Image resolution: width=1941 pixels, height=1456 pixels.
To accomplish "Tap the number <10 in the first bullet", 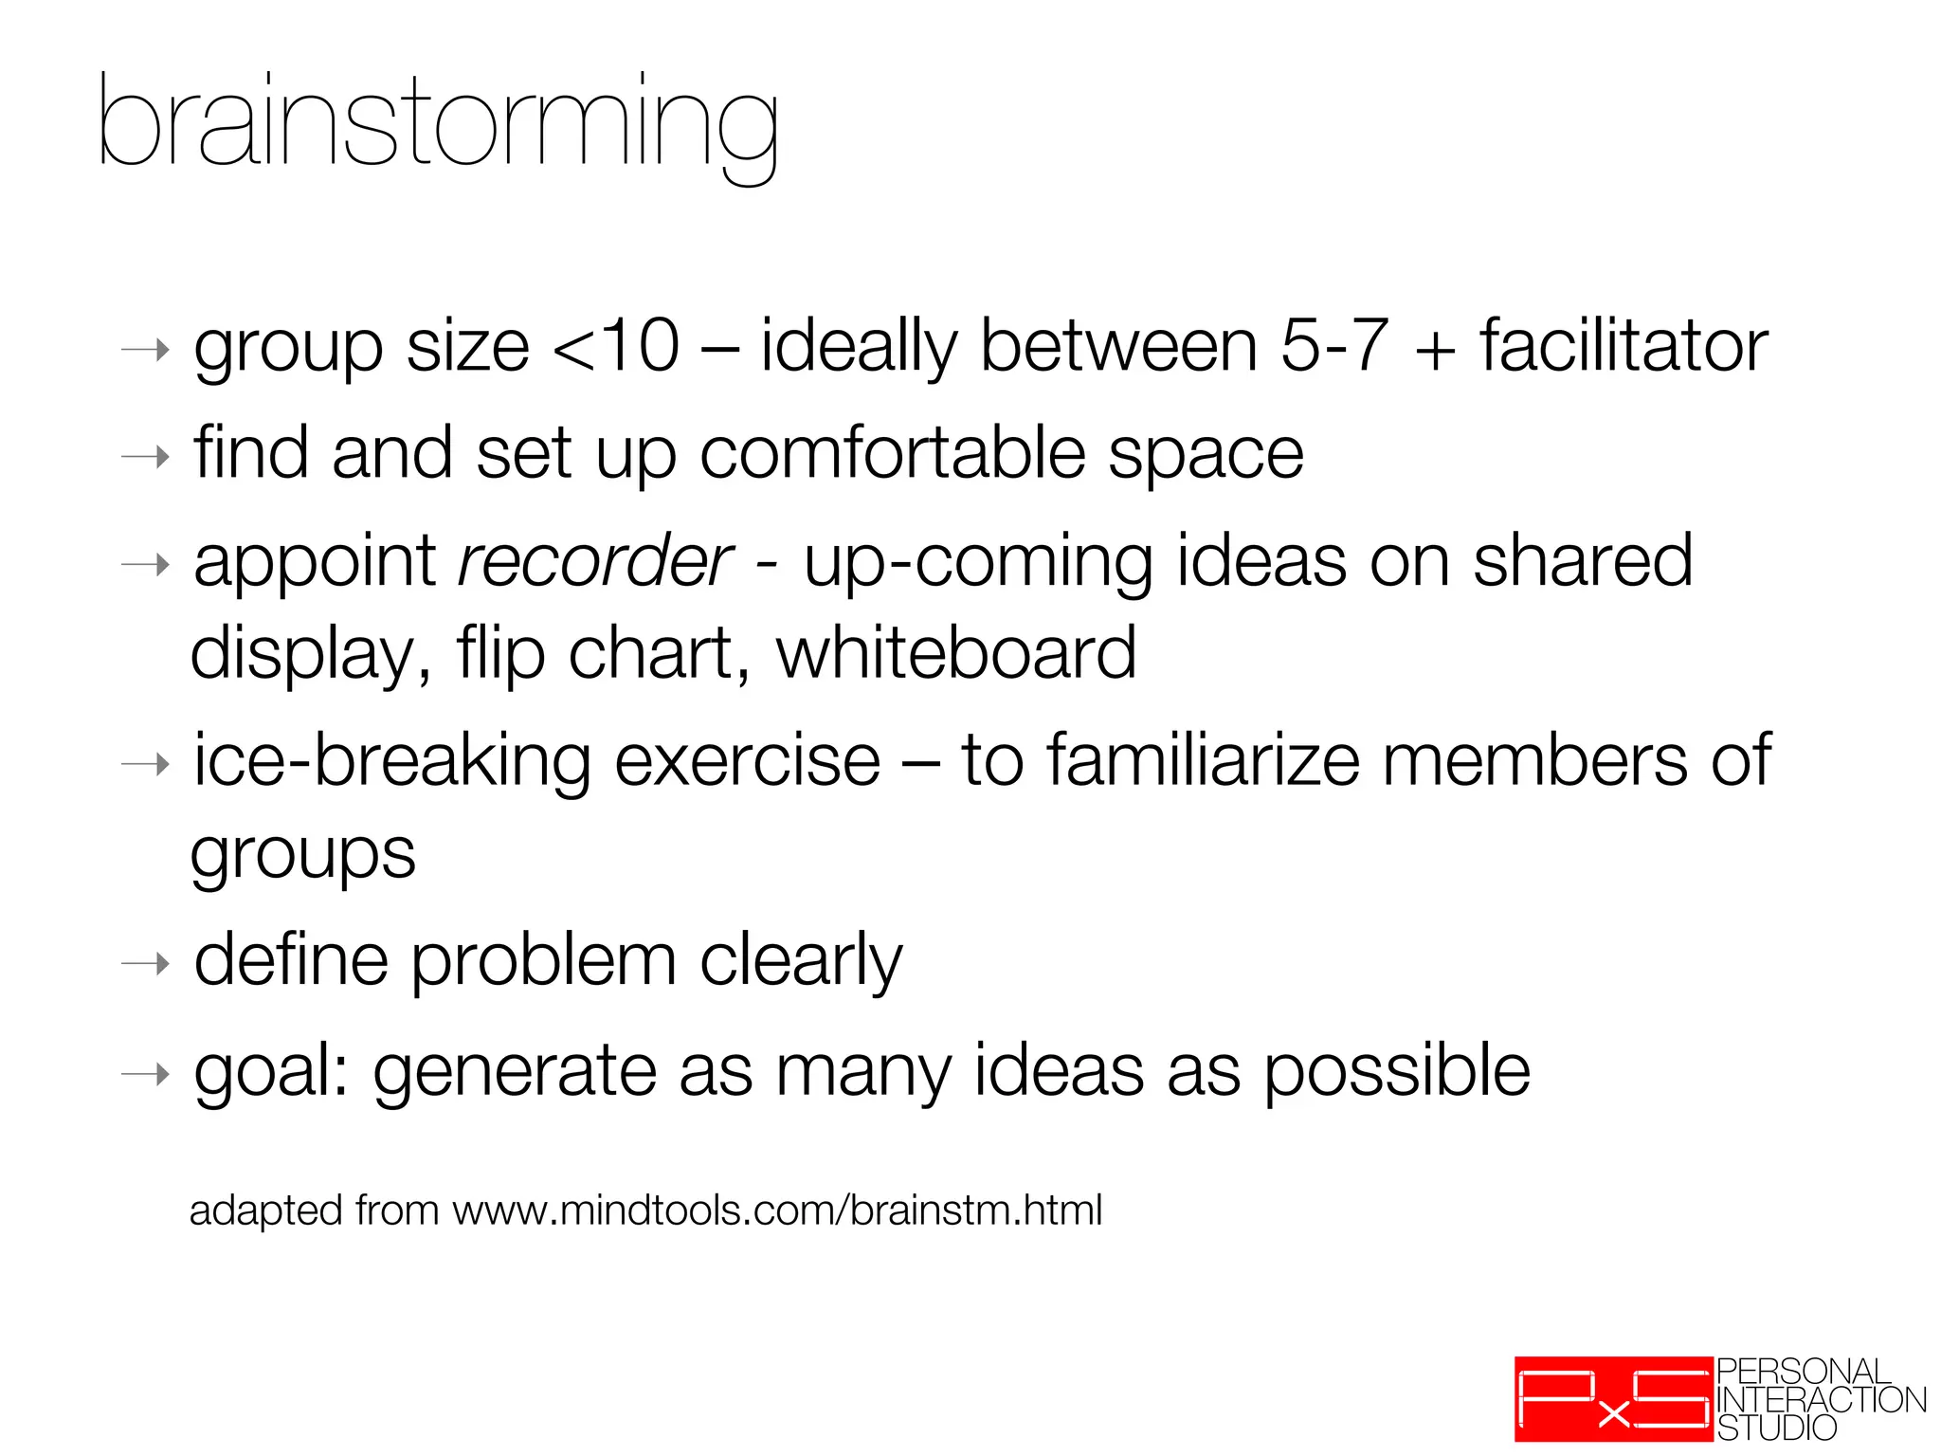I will click(x=616, y=346).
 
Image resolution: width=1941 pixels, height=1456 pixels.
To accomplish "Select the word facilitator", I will click(x=1624, y=346).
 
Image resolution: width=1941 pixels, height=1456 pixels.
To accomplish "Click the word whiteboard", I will click(x=956, y=653).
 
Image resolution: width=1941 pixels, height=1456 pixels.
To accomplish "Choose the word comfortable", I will click(x=892, y=454).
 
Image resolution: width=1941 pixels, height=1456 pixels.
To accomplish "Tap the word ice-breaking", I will click(x=393, y=761).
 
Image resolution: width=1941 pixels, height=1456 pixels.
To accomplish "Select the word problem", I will click(x=544, y=961).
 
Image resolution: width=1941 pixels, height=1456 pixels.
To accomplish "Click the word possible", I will click(x=1397, y=1072).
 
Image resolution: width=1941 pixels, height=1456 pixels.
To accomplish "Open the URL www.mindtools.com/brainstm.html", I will click(x=777, y=1211).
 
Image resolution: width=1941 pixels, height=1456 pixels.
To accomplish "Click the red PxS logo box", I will click(x=1613, y=1399).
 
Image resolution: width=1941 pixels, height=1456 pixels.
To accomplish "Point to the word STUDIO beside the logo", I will click(x=1777, y=1428).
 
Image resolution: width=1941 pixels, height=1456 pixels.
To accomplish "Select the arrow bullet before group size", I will click(x=146, y=351).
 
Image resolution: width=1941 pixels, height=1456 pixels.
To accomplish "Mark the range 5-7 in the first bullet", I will click(x=1334, y=346).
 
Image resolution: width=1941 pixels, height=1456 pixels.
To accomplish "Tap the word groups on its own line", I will click(x=303, y=854).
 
